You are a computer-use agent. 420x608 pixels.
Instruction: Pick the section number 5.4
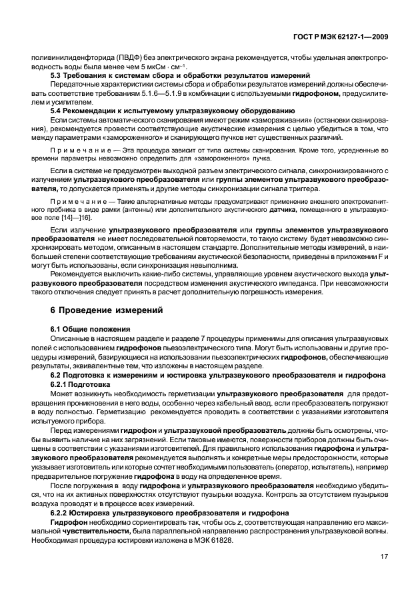(57, 111)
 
